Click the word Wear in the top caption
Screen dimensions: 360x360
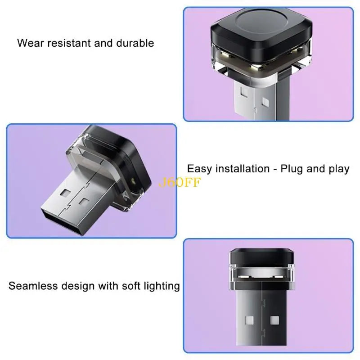[x=31, y=43]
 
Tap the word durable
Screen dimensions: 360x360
[x=135, y=43]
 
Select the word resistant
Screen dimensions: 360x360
[x=69, y=43]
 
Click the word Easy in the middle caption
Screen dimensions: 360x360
[x=199, y=169]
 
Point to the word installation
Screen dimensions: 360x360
[x=243, y=169]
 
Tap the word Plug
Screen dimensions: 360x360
[x=292, y=170]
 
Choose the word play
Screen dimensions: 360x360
[x=339, y=170]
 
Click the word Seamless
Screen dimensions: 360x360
[x=33, y=286]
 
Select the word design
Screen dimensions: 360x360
[x=78, y=287]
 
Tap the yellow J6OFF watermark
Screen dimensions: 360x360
[x=180, y=182]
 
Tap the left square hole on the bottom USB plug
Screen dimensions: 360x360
[x=249, y=320]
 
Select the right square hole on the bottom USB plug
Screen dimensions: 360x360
[x=274, y=320]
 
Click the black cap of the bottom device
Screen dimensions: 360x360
[x=262, y=256]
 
